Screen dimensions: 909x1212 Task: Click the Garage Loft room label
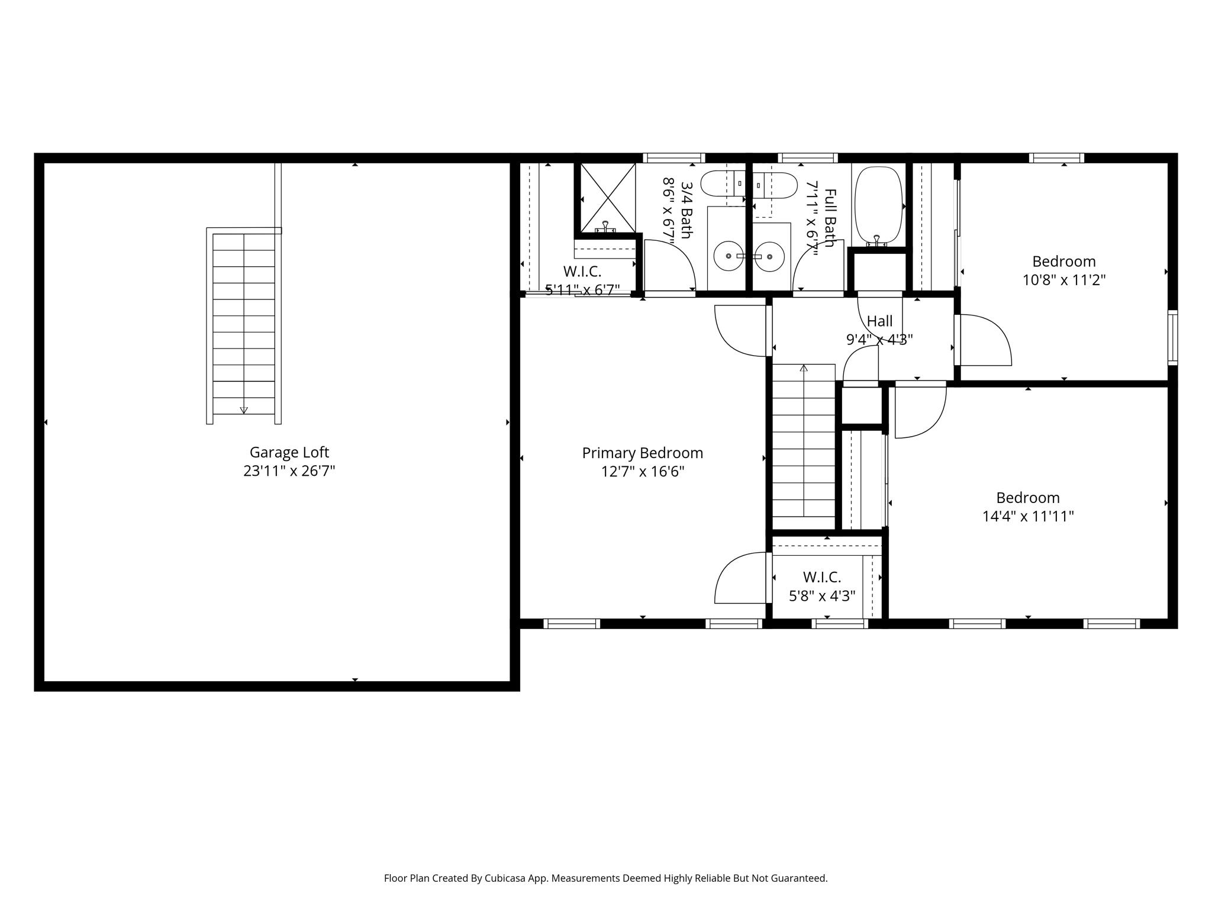pos(289,452)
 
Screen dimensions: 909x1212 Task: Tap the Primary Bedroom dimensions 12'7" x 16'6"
pos(643,472)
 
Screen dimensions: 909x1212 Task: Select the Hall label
pos(879,321)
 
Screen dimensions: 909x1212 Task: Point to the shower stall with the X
pos(605,198)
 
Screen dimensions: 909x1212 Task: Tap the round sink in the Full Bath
pos(770,257)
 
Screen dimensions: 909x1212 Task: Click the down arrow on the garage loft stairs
pos(243,410)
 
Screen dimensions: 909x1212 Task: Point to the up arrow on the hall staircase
pos(804,369)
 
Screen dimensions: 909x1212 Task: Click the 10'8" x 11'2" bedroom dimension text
pos(1064,280)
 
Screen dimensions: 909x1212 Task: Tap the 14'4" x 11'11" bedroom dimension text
pos(1028,517)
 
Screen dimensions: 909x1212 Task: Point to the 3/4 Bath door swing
pos(669,265)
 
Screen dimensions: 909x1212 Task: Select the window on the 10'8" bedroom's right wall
pos(1172,337)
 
